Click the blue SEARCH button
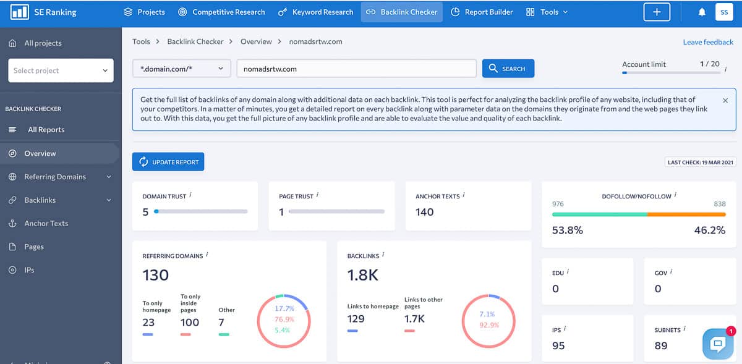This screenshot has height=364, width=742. click(x=508, y=69)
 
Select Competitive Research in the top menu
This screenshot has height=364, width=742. click(x=221, y=12)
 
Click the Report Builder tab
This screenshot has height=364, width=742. click(x=482, y=12)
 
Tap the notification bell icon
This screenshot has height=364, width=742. click(x=702, y=12)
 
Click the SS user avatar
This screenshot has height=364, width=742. click(x=723, y=12)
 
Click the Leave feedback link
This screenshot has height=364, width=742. click(x=708, y=42)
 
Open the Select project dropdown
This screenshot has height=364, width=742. click(x=61, y=70)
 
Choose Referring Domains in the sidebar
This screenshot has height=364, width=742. click(x=55, y=177)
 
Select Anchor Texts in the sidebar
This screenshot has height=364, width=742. click(x=46, y=223)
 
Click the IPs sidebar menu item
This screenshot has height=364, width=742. click(x=29, y=270)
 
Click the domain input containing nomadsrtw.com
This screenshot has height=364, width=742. click(x=356, y=69)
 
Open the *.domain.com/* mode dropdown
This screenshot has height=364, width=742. click(x=181, y=69)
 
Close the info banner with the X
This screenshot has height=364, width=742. click(x=725, y=100)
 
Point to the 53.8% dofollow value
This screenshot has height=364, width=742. click(x=567, y=230)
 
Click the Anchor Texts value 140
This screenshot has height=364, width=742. click(x=424, y=212)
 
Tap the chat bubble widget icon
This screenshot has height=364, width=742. click(x=718, y=344)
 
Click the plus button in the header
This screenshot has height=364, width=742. click(x=656, y=12)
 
